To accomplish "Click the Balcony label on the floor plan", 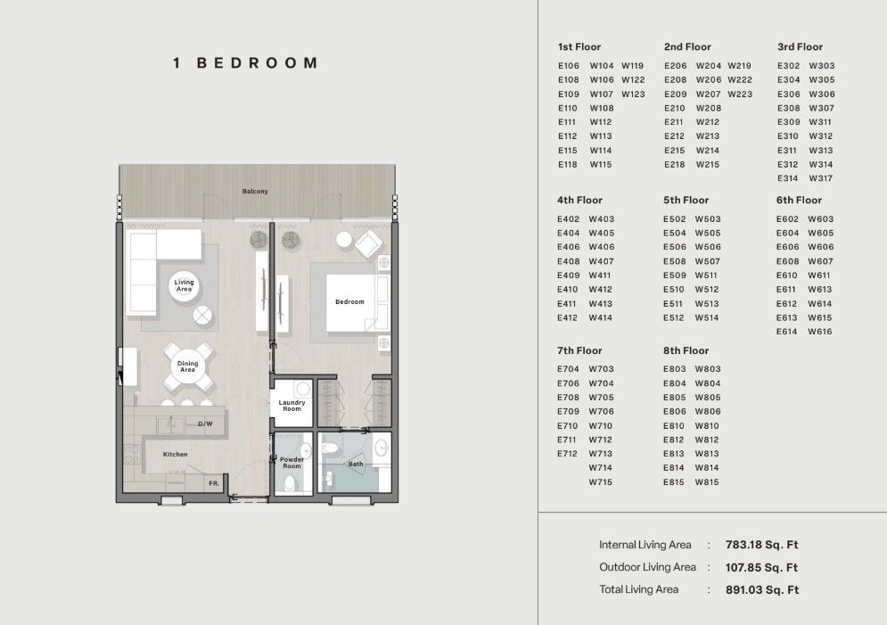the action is (x=255, y=191).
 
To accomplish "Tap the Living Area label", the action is (x=184, y=285).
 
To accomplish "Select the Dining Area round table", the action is (x=187, y=366).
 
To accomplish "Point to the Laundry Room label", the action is (x=292, y=406).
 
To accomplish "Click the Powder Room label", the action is (x=292, y=463).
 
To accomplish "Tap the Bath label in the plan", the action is (x=356, y=464).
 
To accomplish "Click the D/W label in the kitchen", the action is (x=205, y=424).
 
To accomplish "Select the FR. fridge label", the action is (x=214, y=483).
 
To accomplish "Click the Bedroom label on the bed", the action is (x=349, y=301).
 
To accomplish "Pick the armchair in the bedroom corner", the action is (x=368, y=243).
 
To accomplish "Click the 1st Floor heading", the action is (x=579, y=47).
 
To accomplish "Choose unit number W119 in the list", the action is (x=632, y=66).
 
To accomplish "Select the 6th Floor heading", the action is (x=799, y=201).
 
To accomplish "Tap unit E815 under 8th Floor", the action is (x=674, y=482).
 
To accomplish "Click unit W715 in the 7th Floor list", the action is (x=601, y=482).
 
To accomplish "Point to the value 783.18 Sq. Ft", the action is (x=761, y=545).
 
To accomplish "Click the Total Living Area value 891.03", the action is (x=762, y=590).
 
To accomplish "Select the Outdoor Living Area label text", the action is (x=648, y=567).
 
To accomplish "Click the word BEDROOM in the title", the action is (x=258, y=62).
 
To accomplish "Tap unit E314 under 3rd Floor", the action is (x=787, y=178).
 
